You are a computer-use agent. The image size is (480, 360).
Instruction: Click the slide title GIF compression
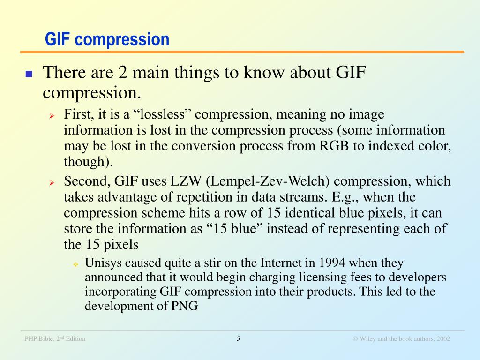(107, 39)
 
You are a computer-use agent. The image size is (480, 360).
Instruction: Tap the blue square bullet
(29, 74)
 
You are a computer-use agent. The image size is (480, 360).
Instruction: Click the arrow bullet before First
(52, 115)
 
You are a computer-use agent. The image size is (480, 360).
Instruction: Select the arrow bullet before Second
(52, 182)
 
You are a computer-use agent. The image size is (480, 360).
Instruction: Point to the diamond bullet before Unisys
(75, 264)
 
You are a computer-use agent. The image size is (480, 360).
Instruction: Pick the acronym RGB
(335, 146)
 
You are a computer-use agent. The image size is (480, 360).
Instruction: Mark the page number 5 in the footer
(239, 338)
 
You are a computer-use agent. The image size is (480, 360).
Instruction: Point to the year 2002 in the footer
(443, 339)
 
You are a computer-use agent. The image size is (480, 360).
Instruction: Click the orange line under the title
(242, 52)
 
